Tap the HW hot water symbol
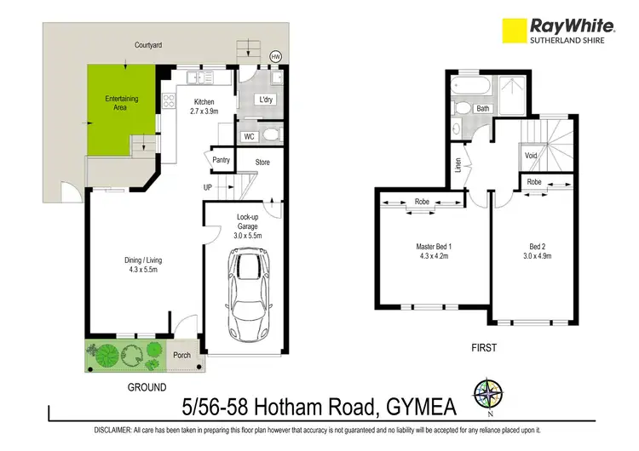coord(274,56)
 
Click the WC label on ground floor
coord(249,135)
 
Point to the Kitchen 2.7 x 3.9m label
coord(204,106)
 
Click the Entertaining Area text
coord(121,104)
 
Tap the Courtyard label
coord(148,44)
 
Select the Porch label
coord(181,355)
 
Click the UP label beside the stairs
coord(208,187)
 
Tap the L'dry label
coord(267,100)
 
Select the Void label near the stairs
coord(531,156)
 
